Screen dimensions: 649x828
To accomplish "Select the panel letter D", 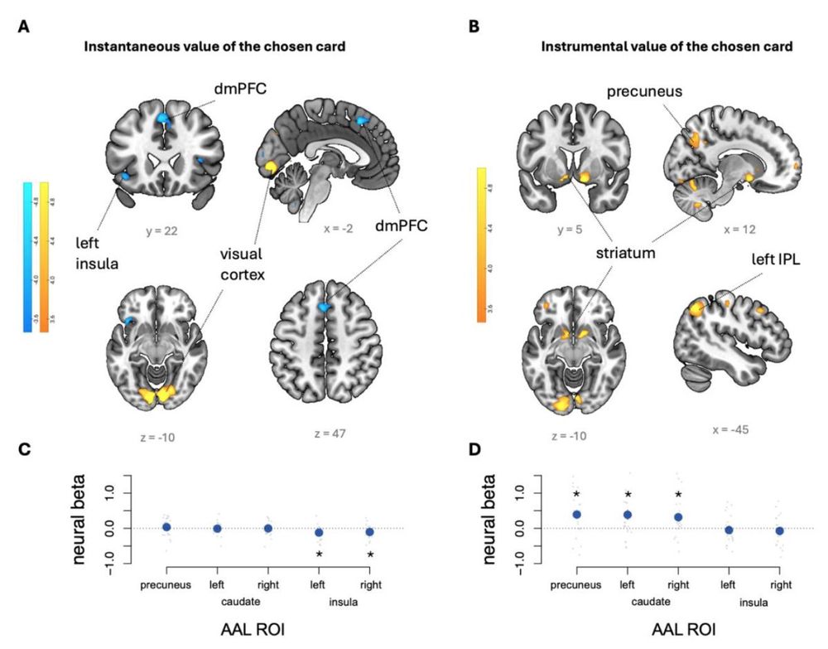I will point(474,450).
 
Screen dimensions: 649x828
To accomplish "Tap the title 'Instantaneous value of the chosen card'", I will point(214,46).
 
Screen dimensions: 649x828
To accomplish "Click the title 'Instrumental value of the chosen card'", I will point(667,46).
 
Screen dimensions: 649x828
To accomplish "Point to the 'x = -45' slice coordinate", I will point(732,430).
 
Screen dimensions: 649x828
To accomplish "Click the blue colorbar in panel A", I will point(28,257).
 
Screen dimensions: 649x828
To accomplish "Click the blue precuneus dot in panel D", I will point(577,515).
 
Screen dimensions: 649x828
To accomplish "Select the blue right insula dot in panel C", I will point(370,531).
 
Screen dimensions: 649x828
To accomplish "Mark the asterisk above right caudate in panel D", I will point(678,495).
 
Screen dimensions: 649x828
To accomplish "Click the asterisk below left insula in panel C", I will point(319,553).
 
